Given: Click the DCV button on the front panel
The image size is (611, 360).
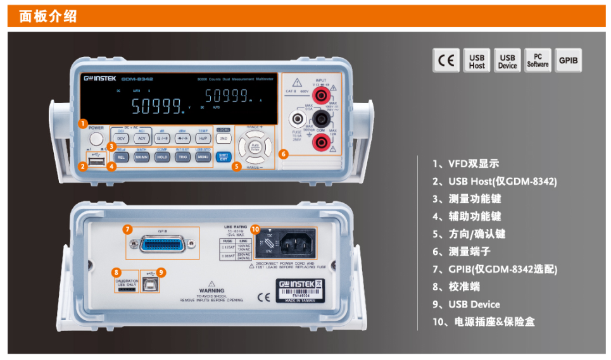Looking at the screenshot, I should click(121, 137).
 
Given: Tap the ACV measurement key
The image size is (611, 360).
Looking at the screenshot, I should click(141, 137).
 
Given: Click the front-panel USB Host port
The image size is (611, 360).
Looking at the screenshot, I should click(96, 163).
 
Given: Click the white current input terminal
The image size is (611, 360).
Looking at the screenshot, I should click(295, 119).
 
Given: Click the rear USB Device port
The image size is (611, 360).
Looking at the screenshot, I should click(151, 283).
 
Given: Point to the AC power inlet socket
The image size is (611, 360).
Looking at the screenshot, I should click(293, 244).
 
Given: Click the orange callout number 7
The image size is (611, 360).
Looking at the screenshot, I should click(127, 229).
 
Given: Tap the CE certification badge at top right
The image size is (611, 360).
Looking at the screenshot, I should click(446, 61).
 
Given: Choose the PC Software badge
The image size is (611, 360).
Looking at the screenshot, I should click(538, 61).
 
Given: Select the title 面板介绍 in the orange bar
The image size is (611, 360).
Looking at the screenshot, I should click(48, 16).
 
